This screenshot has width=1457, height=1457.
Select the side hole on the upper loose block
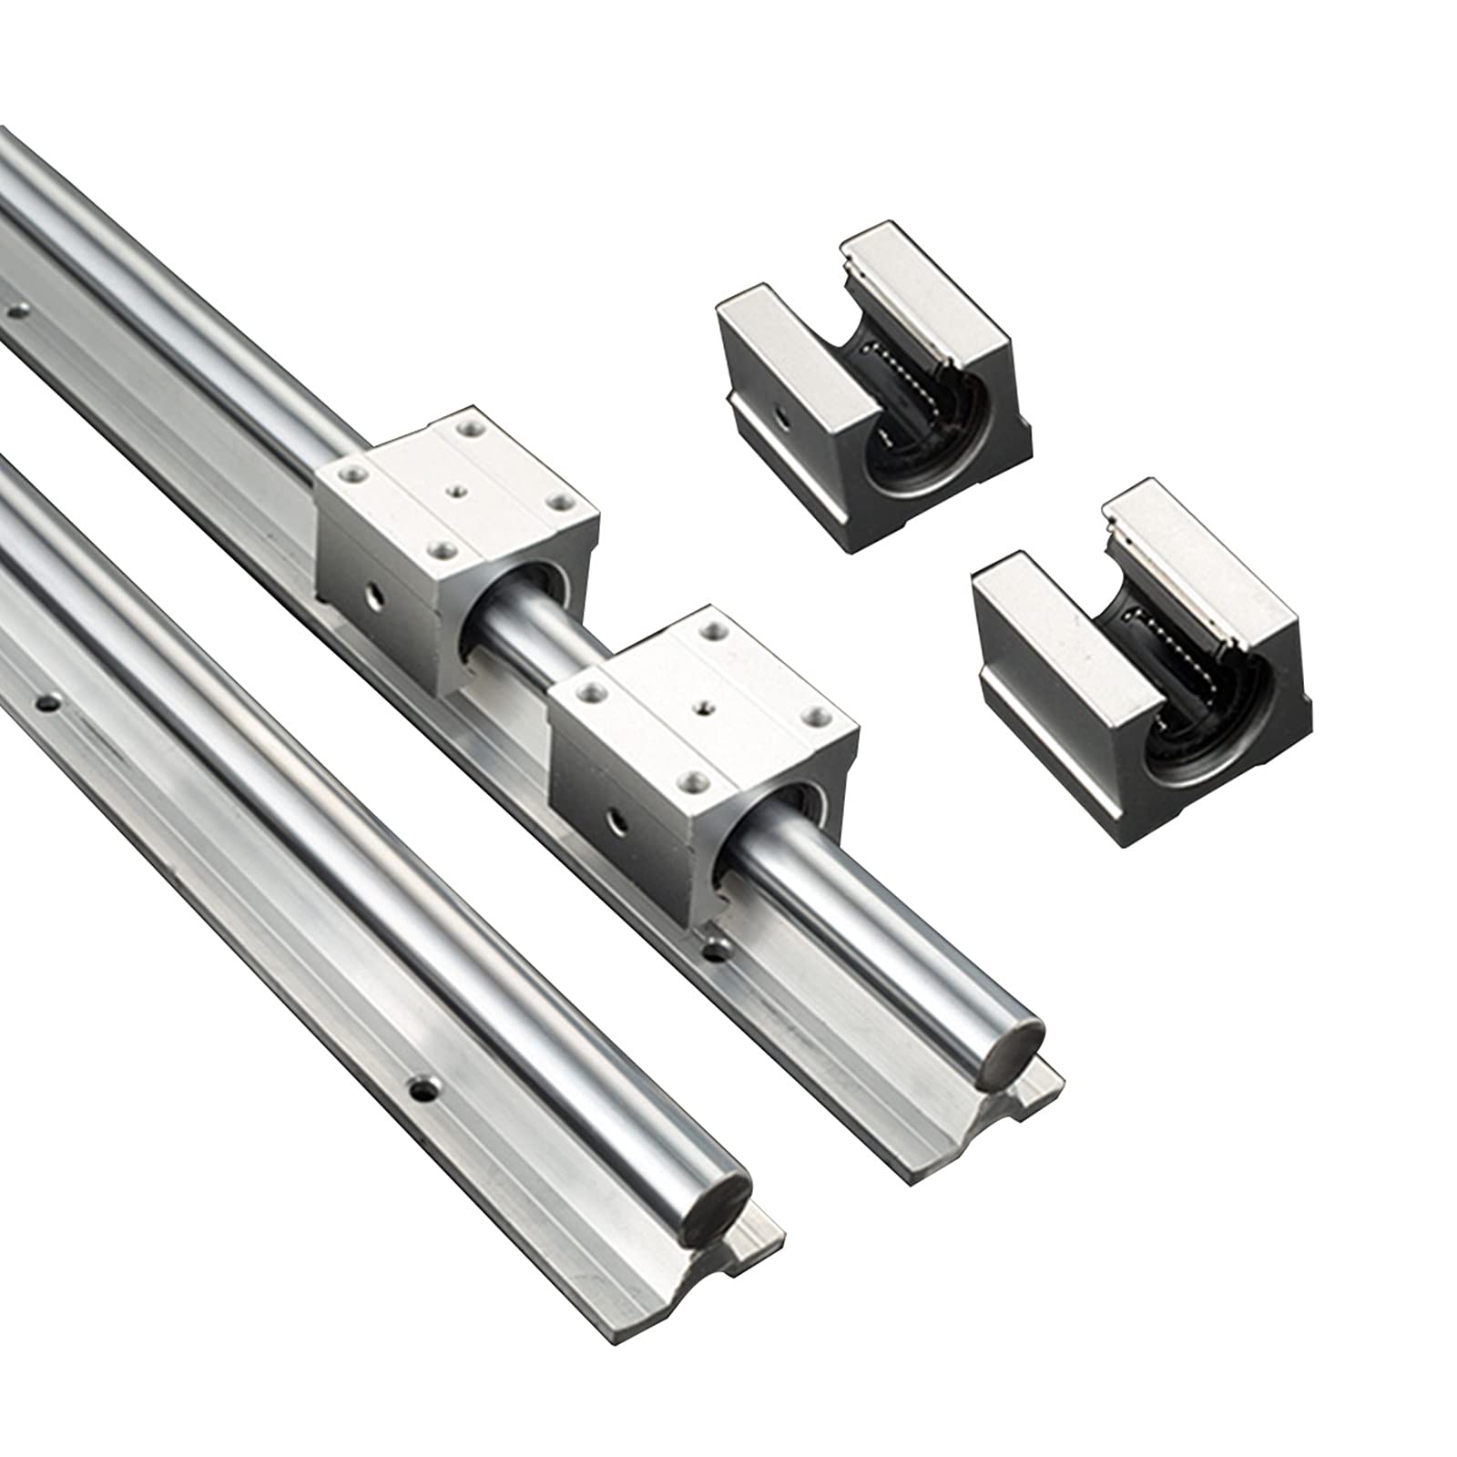(x=781, y=416)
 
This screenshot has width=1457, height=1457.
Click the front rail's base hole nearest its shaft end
(x=420, y=1087)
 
